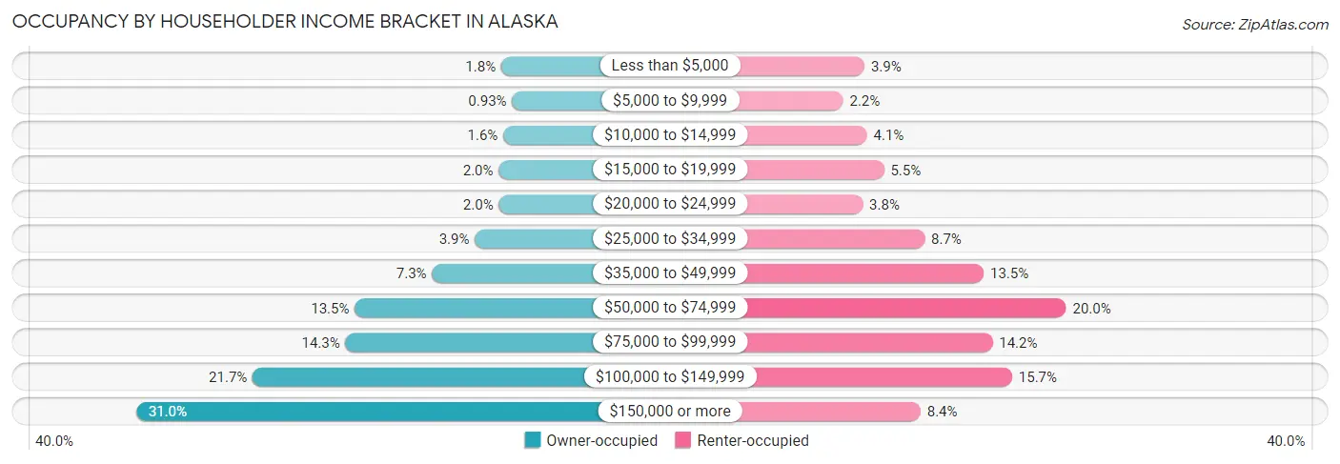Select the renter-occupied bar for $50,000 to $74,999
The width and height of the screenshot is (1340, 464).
pyautogui.click(x=905, y=308)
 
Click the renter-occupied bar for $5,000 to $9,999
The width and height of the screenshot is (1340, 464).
pyautogui.click(x=791, y=100)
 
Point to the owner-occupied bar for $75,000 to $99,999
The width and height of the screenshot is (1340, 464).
pyautogui.click(x=471, y=342)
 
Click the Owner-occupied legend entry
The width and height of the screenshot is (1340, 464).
pyautogui.click(x=591, y=440)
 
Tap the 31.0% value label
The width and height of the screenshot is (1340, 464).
pyautogui.click(x=168, y=412)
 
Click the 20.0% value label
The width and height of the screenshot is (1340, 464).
pyautogui.click(x=1092, y=308)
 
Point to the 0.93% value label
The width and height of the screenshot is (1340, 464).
pyautogui.click(x=486, y=100)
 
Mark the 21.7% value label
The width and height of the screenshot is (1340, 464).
pyautogui.click(x=228, y=377)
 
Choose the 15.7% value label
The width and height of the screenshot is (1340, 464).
pyautogui.click(x=1038, y=377)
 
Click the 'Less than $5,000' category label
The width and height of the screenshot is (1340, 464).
pyautogui.click(x=669, y=66)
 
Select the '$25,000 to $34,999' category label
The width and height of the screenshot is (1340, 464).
pyautogui.click(x=669, y=238)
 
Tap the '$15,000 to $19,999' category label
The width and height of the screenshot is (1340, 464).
pyautogui.click(x=669, y=170)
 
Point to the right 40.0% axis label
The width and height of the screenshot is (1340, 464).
pyautogui.click(x=1286, y=440)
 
